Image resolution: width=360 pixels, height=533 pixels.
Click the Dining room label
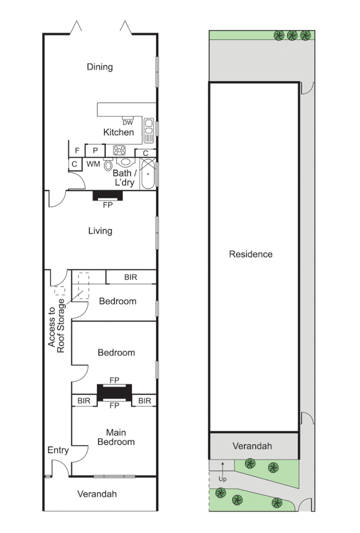click(100, 67)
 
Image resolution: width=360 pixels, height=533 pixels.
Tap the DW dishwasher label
click(127, 122)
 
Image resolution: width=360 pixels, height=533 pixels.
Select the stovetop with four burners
click(119, 150)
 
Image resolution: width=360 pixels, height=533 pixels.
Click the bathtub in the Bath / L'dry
click(148, 174)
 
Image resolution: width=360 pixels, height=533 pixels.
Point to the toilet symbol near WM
click(108, 165)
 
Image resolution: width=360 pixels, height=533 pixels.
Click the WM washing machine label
click(93, 164)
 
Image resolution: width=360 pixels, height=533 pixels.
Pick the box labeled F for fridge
click(77, 150)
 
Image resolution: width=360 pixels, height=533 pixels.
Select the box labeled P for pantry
click(95, 150)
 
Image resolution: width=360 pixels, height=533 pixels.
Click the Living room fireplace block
click(107, 196)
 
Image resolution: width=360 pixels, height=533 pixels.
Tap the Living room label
click(100, 231)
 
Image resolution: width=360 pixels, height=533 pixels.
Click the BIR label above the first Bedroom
click(130, 278)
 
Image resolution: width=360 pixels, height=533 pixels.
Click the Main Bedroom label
click(120, 437)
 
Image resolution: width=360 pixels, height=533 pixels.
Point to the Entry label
click(58, 450)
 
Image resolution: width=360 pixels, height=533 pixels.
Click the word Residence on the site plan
click(250, 254)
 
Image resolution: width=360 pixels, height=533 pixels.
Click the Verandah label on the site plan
click(253, 446)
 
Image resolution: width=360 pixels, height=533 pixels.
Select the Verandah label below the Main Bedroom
click(97, 494)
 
